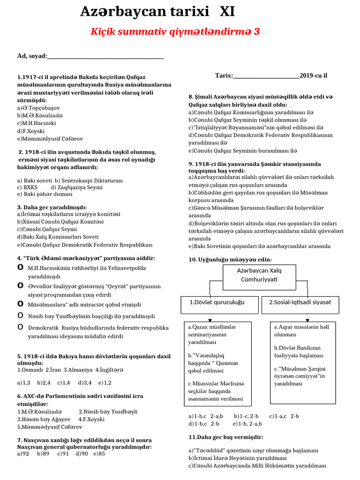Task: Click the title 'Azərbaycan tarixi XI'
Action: click(157, 11)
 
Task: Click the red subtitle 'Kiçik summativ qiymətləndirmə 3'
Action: click(175, 31)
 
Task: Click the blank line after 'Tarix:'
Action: click(266, 75)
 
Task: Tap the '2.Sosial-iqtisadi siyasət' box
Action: click(300, 303)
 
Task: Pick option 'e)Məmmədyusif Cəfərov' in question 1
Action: click(44, 138)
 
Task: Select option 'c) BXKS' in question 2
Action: click(27, 187)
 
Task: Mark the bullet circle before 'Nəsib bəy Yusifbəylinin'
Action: click(20, 315)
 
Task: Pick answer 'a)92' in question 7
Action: click(23, 454)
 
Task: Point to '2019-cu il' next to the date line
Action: click(313, 75)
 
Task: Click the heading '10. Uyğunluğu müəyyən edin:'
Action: click(230, 260)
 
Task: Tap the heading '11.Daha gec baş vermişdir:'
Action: click(225, 437)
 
